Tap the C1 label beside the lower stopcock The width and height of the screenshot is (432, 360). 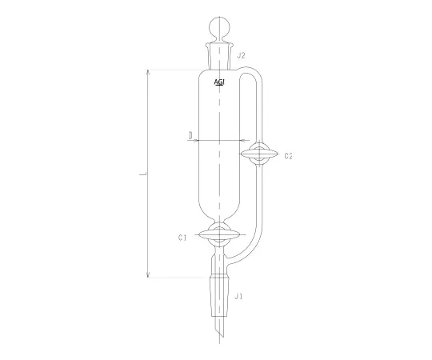click(182, 237)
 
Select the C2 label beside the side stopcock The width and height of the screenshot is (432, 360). click(289, 155)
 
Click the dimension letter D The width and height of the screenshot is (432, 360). click(190, 136)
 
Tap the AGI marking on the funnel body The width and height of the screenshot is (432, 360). click(219, 82)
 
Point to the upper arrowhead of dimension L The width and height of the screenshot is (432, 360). click(148, 72)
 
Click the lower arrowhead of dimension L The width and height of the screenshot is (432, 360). click(148, 276)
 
